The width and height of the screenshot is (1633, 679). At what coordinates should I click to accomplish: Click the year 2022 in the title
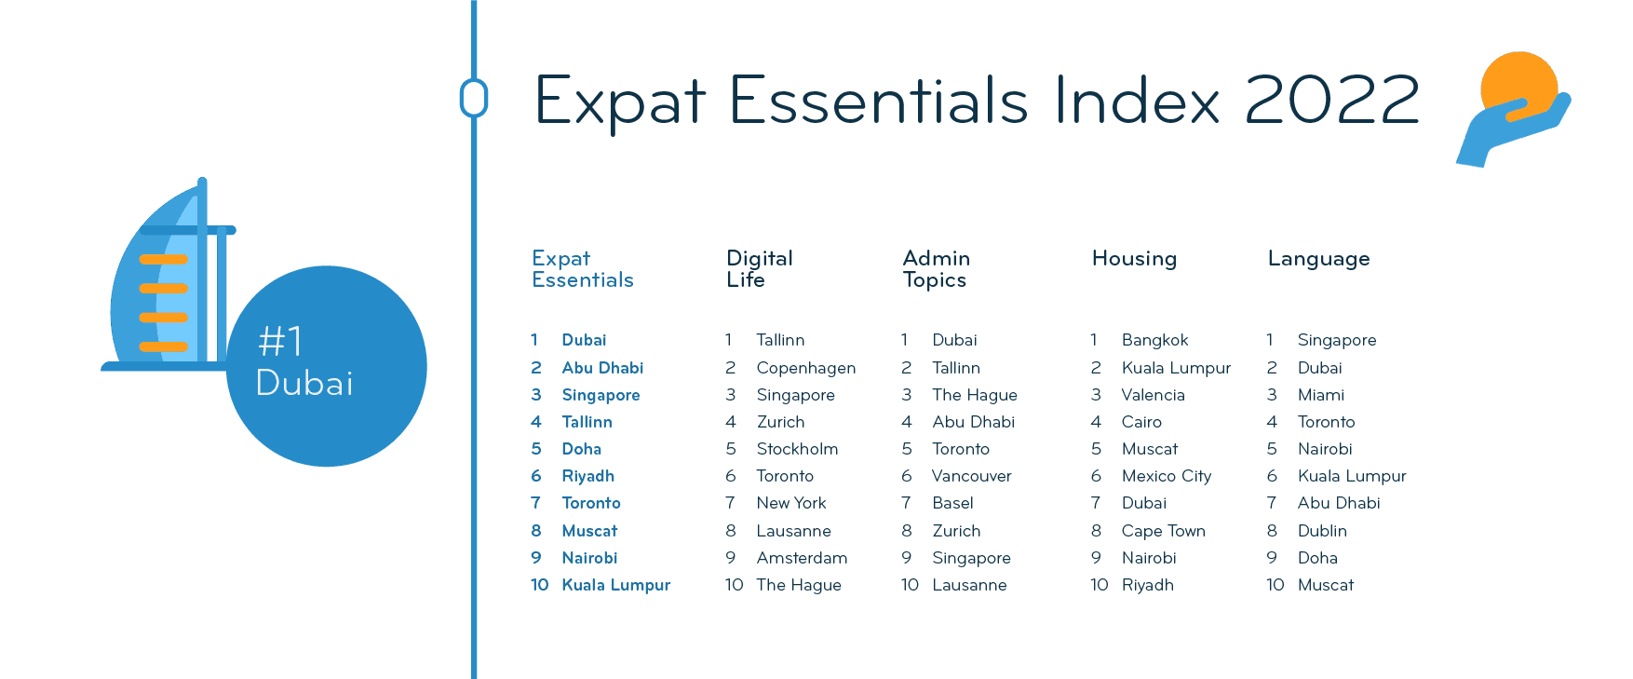click(1332, 99)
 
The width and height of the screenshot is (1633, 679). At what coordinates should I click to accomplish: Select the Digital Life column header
click(760, 268)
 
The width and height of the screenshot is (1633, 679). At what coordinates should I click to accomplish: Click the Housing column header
click(1134, 258)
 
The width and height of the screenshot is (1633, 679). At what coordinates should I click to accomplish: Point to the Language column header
click(1318, 259)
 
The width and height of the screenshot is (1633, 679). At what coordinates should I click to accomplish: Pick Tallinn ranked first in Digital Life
click(780, 340)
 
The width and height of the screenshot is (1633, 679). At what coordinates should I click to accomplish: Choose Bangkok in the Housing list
click(1155, 340)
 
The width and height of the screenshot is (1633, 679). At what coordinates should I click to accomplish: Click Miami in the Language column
click(1321, 395)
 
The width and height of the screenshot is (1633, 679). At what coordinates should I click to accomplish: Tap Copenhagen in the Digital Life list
click(806, 368)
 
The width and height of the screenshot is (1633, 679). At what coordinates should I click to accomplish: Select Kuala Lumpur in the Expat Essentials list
click(616, 585)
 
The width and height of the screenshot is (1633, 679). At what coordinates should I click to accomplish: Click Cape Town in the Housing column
click(1164, 531)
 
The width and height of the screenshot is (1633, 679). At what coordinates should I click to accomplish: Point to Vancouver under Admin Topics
click(972, 476)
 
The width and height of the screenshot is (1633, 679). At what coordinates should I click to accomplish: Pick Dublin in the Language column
click(1322, 531)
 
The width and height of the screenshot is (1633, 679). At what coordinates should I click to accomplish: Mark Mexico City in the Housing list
click(1167, 476)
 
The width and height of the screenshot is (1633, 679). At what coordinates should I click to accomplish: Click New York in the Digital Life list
click(791, 503)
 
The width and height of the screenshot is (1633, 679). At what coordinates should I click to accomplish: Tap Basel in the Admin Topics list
click(953, 503)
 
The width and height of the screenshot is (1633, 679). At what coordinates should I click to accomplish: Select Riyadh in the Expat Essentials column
click(588, 476)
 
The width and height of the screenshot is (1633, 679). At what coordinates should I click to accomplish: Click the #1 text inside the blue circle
click(280, 342)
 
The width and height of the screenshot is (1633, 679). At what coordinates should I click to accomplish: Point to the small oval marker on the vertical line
click(474, 98)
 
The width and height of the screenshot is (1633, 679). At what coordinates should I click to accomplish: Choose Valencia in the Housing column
click(1154, 395)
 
